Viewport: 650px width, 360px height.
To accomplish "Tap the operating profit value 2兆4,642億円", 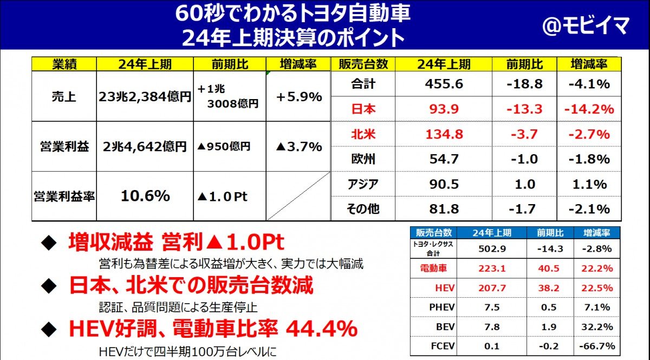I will [145, 147].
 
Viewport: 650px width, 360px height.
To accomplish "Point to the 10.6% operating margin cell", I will [145, 196].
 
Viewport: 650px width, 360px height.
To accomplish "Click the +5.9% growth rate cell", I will [299, 97].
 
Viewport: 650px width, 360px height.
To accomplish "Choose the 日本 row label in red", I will [363, 109].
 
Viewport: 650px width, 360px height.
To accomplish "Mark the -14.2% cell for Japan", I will [589, 109].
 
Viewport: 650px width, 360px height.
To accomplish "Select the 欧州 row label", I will [363, 159].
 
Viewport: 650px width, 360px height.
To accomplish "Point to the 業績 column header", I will [64, 64].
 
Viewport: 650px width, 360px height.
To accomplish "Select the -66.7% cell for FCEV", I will [596, 346].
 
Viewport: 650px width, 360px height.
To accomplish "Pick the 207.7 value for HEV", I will [492, 288].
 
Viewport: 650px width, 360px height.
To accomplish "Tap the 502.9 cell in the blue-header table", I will [492, 249].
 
